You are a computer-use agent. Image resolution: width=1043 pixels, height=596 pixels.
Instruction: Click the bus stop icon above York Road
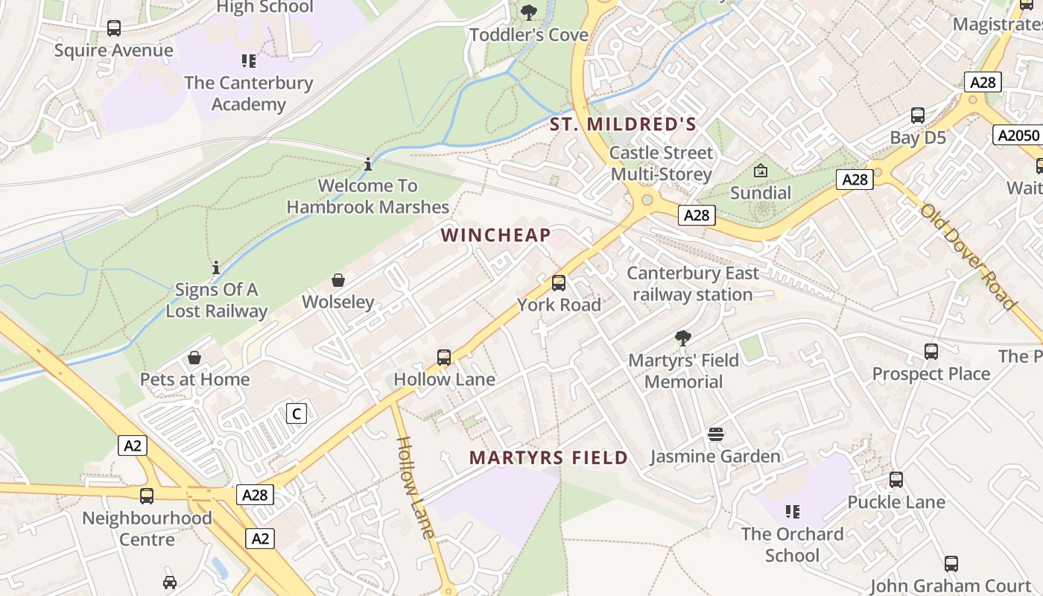[x=558, y=283]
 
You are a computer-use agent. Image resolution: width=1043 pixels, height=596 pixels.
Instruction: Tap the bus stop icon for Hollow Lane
[x=444, y=358]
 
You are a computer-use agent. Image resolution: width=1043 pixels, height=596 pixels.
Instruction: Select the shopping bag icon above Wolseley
[x=338, y=280]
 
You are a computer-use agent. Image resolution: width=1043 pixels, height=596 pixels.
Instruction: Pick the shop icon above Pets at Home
[x=194, y=358]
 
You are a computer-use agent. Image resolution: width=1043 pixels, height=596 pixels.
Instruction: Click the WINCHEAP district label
[x=495, y=235]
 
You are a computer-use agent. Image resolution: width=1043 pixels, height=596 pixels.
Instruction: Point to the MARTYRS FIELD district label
[x=548, y=457]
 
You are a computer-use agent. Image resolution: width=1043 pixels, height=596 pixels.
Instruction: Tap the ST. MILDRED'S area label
[x=623, y=124]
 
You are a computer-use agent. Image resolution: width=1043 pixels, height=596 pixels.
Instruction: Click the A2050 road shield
[x=1017, y=135]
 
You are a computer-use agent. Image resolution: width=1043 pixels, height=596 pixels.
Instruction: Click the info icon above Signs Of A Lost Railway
[x=216, y=267]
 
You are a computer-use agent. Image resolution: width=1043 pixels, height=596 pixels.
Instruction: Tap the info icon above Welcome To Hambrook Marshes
[x=368, y=164]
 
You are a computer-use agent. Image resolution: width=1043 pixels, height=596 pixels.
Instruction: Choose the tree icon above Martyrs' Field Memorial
[x=682, y=338]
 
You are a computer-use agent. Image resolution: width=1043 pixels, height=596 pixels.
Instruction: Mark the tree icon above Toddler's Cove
[x=529, y=13]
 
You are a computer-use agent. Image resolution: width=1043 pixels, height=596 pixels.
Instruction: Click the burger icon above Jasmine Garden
[x=715, y=434]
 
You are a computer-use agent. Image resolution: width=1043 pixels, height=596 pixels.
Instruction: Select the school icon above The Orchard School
[x=792, y=512]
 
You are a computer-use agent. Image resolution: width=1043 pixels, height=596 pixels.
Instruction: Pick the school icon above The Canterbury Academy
[x=248, y=61]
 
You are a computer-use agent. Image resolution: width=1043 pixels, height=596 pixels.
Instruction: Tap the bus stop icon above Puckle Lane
[x=896, y=480]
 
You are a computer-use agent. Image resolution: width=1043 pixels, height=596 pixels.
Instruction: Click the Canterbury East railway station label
[x=693, y=284]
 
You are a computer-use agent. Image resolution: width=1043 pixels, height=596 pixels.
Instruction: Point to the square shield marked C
[x=297, y=413]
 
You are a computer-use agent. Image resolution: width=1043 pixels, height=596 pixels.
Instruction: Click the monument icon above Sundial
[x=760, y=171]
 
